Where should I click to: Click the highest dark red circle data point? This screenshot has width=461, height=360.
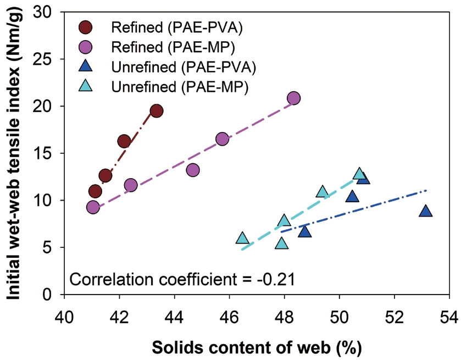[156, 111]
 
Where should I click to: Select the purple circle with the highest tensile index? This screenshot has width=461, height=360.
[293, 98]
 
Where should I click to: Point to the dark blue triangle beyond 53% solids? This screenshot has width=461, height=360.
[425, 211]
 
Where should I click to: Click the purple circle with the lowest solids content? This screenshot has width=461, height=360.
[93, 207]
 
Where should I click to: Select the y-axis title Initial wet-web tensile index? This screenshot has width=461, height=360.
[16, 153]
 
